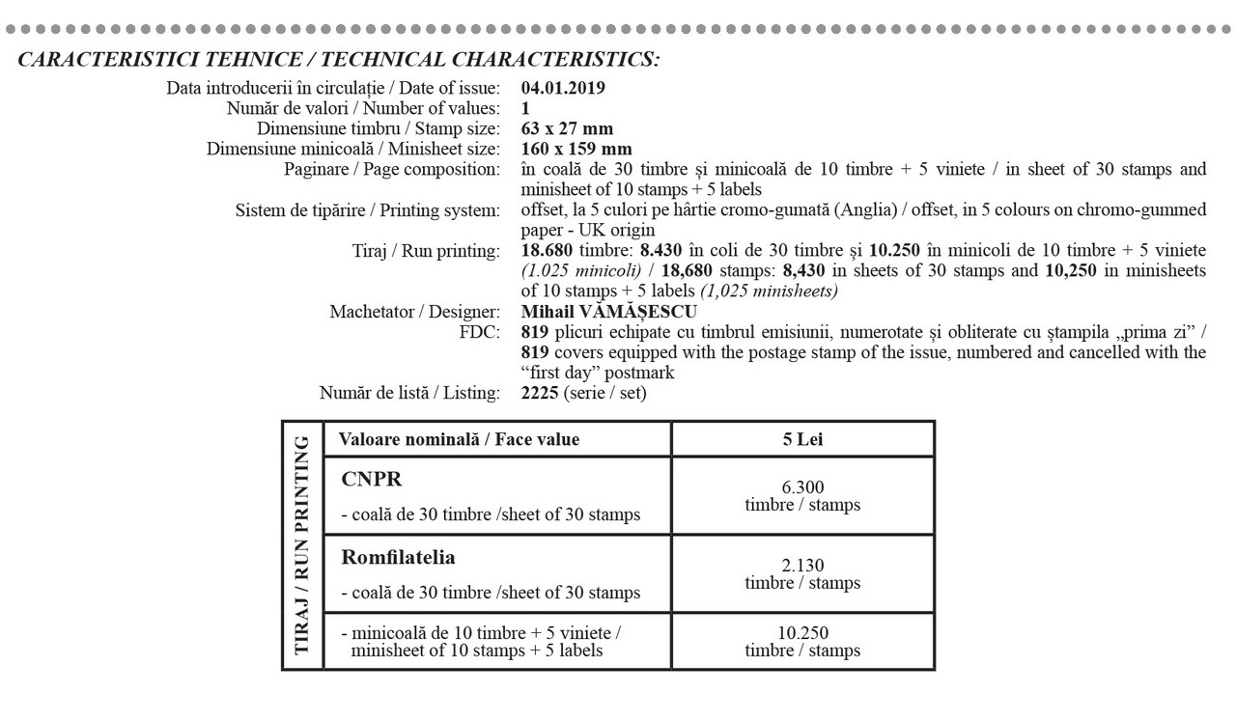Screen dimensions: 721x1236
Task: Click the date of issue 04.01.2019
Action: click(x=563, y=89)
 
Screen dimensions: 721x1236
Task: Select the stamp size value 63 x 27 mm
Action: click(x=567, y=128)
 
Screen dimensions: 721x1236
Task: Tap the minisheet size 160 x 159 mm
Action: click(x=576, y=149)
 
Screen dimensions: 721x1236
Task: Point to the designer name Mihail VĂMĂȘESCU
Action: click(x=608, y=312)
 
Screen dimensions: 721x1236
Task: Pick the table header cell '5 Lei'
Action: click(x=802, y=439)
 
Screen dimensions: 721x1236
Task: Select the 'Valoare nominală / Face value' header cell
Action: click(x=459, y=439)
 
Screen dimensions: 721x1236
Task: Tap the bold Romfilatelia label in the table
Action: click(x=398, y=558)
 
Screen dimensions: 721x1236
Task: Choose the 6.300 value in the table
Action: click(x=802, y=487)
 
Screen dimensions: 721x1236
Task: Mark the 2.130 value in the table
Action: click(x=802, y=566)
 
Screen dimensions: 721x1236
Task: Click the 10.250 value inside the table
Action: click(x=802, y=633)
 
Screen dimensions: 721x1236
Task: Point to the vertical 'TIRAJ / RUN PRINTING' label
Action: click(x=302, y=545)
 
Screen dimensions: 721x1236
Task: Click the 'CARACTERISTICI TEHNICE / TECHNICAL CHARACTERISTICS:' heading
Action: click(x=339, y=60)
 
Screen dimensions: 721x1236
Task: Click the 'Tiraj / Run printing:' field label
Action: click(x=427, y=251)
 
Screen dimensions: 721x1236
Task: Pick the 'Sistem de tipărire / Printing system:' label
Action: click(x=368, y=210)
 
